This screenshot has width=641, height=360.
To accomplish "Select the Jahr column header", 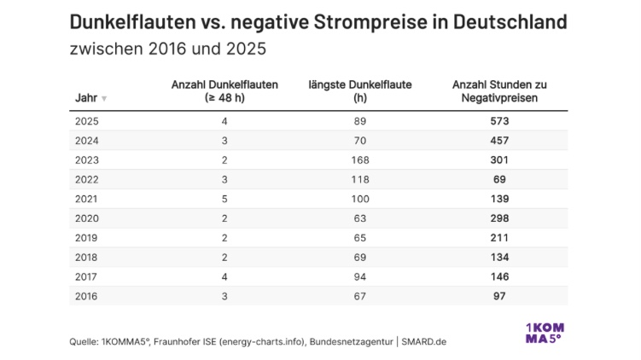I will click(86, 98).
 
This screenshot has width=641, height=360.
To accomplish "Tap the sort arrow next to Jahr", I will click(104, 99).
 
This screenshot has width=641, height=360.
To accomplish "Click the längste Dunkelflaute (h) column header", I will click(359, 91).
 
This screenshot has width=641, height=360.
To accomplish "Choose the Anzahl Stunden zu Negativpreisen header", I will click(499, 91).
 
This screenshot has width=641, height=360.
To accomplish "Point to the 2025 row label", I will click(88, 121).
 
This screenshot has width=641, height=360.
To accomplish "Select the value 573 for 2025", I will click(499, 121).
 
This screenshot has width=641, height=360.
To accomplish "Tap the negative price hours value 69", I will click(499, 179).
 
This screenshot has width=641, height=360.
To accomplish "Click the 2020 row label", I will click(88, 218).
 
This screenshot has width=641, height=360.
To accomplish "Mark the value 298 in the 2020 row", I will click(499, 218).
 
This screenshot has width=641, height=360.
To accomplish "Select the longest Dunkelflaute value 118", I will click(359, 179).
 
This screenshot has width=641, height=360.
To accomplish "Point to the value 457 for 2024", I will click(499, 141).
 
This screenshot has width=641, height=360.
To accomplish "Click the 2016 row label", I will click(88, 296).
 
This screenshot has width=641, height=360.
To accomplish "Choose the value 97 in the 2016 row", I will click(499, 296).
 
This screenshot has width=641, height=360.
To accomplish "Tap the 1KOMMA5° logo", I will click(543, 332).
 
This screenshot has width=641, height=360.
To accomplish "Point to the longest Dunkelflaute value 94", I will click(359, 276).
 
